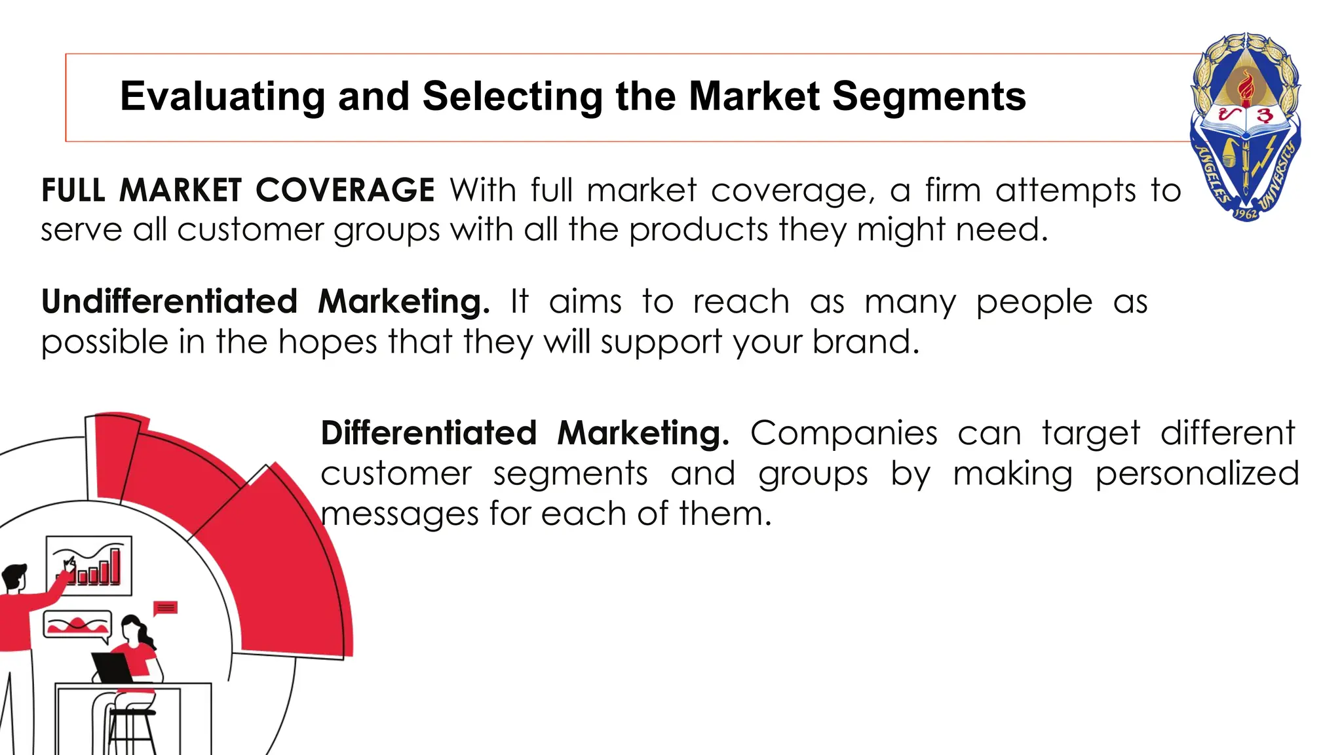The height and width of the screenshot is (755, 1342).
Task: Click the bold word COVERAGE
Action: coord(345,191)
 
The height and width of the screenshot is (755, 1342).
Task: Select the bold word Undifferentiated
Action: coord(169,302)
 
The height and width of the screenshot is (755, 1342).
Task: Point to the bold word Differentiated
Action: coord(429,433)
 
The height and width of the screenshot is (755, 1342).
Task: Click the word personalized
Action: coord(1197,474)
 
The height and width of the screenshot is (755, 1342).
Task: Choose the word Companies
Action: coord(843,433)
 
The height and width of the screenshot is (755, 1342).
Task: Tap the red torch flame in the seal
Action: coord(1246,88)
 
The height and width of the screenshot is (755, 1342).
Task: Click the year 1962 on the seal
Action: coord(1245,214)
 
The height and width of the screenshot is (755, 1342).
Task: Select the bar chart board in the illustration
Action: coord(89,566)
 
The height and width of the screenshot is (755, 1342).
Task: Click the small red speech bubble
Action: coord(165,608)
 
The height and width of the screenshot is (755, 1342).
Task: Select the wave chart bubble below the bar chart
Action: coord(77,625)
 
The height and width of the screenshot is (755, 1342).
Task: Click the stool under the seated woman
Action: coord(131,727)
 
